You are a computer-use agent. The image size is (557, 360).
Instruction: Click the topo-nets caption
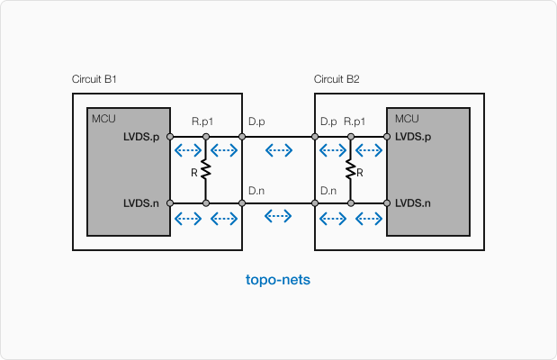(x=278, y=280)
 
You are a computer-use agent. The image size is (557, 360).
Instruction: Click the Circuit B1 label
(x=94, y=80)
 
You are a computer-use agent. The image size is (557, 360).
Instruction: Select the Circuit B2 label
(x=337, y=80)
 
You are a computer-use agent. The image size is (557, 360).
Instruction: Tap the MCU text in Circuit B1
(x=103, y=118)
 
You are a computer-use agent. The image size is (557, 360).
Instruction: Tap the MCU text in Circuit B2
(x=407, y=118)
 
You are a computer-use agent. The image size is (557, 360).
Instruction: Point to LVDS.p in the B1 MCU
(x=141, y=137)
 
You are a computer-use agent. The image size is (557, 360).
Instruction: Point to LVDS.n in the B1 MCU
(x=141, y=203)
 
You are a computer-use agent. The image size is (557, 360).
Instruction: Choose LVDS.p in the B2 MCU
(x=413, y=137)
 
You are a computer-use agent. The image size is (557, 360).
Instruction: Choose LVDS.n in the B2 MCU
(x=413, y=203)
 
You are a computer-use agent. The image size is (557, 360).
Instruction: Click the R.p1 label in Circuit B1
(x=202, y=121)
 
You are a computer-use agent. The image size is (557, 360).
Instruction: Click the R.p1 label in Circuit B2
(x=354, y=121)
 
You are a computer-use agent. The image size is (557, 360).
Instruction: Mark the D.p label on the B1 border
(x=256, y=121)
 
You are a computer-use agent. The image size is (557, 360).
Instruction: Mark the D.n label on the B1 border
(x=256, y=190)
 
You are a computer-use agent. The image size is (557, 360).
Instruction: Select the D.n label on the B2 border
(x=328, y=190)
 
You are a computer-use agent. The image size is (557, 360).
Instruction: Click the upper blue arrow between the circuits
(x=278, y=150)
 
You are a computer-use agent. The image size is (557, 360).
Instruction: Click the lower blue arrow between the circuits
(x=278, y=215)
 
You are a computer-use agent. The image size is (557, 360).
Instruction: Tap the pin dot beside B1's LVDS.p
(x=170, y=137)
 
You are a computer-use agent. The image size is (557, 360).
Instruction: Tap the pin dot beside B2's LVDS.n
(x=387, y=203)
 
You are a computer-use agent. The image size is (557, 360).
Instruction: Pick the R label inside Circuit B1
(x=194, y=171)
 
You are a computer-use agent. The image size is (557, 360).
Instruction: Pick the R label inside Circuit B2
(x=359, y=171)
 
